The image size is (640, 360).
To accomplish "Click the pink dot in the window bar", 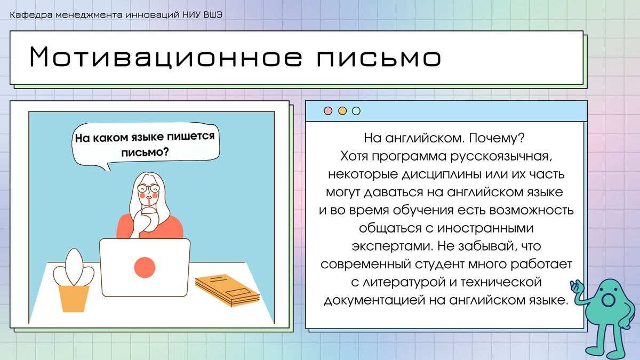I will tap(328, 111).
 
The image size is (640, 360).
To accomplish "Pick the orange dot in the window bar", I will tap(342, 111).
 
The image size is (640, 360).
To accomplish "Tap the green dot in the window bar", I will tap(356, 111).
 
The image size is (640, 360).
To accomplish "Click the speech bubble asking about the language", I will tap(144, 144).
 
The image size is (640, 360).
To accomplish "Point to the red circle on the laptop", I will tap(145, 267).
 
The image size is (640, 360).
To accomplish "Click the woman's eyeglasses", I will tap(148, 188).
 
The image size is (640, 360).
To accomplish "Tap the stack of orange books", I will tap(227, 290).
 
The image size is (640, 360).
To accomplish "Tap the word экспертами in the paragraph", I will tap(390, 246).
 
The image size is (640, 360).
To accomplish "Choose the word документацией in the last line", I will tap(374, 300).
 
